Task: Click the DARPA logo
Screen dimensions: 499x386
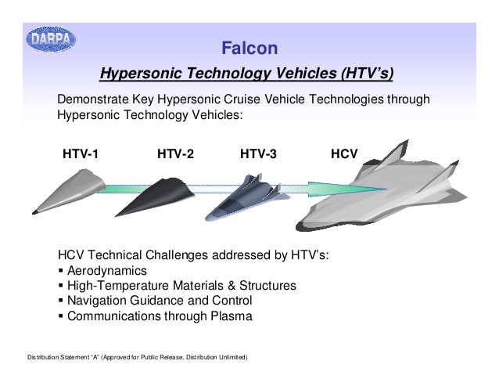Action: click(51, 39)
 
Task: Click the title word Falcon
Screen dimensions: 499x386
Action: click(249, 48)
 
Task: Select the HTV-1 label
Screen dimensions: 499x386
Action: click(81, 153)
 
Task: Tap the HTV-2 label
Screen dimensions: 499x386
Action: click(175, 153)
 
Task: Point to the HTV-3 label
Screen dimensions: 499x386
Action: click(258, 153)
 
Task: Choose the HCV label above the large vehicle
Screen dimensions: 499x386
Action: click(344, 153)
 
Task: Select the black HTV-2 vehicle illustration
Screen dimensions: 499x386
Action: click(155, 197)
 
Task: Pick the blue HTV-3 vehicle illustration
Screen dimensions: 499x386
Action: click(246, 197)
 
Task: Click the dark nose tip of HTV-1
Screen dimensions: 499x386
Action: click(34, 212)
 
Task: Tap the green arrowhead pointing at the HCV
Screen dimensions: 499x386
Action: click(347, 189)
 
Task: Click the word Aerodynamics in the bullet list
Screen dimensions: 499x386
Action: click(107, 271)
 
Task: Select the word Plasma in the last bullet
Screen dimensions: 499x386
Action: click(232, 316)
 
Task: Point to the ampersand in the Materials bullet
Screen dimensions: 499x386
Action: click(232, 286)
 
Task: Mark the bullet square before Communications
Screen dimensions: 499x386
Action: click(61, 316)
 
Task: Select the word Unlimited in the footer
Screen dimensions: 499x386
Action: click(233, 357)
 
